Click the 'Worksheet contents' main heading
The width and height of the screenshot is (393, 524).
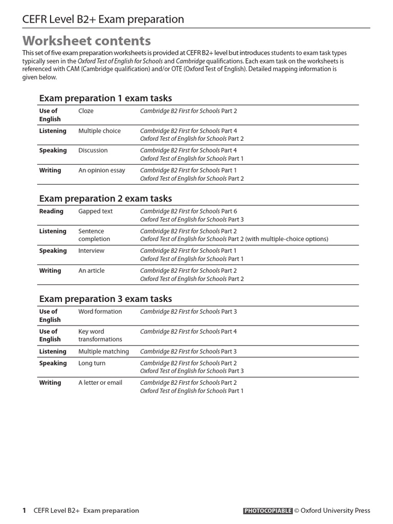point(86,41)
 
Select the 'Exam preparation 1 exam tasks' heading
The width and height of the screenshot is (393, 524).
point(105,98)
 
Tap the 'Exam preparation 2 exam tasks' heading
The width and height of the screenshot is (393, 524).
point(105,199)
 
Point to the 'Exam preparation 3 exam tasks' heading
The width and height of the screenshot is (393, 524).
point(105,299)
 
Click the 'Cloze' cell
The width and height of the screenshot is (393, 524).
point(86,111)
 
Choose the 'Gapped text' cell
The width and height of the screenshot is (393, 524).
point(95,211)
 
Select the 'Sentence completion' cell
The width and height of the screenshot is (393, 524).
point(94,235)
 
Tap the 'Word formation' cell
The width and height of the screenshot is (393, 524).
point(100,312)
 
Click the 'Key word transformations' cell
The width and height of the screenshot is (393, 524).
point(100,335)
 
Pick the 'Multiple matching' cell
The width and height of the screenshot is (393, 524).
point(103,352)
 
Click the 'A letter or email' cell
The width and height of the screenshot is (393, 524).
point(100,383)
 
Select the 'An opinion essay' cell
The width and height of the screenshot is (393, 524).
point(101,170)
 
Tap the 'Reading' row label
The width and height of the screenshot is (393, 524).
point(51,211)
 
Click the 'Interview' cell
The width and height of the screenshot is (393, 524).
point(91,251)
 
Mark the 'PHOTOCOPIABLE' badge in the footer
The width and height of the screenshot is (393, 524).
point(268,510)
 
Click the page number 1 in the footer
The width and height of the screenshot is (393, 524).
point(24,510)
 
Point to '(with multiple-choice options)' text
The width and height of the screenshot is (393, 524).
point(287,239)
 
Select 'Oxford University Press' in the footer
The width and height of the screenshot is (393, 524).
point(335,510)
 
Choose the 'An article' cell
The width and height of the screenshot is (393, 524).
point(91,271)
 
